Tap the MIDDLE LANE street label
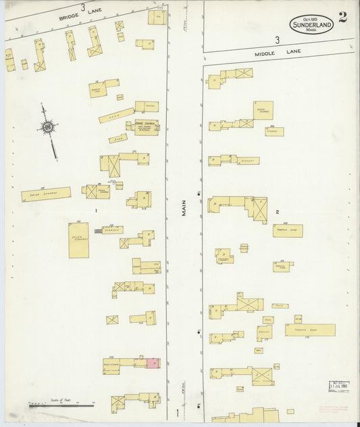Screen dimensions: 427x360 (x=267, y=52)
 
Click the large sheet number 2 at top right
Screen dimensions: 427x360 (x=343, y=18)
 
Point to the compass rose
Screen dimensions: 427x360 (x=49, y=127)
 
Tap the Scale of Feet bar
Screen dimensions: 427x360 (x=61, y=405)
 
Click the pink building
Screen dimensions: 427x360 (x=153, y=363)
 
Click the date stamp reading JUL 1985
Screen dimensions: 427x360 (x=338, y=387)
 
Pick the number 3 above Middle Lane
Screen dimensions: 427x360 (x=277, y=41)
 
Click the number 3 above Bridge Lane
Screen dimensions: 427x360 (x=82, y=7)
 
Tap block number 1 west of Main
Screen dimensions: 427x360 (x=97, y=211)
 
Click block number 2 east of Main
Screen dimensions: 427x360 (x=277, y=212)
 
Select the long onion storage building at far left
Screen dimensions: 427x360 (x=46, y=195)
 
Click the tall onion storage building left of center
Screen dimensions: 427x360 (x=78, y=240)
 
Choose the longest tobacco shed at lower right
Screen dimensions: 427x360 (x=309, y=330)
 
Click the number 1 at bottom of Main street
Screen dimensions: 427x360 (x=178, y=412)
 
